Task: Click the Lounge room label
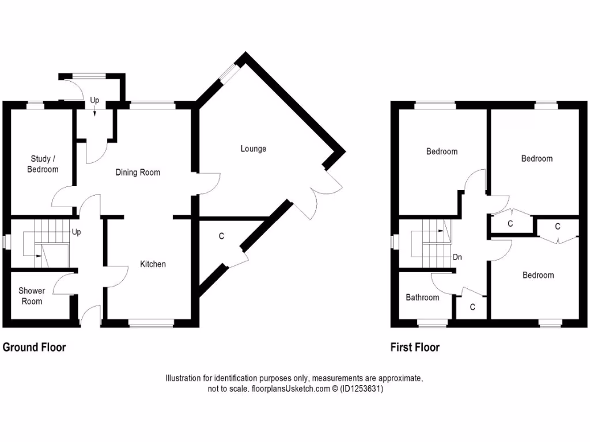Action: pyautogui.click(x=254, y=149)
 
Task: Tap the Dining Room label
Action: pyautogui.click(x=138, y=172)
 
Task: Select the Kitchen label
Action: pyautogui.click(x=153, y=264)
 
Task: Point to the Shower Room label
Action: pyautogui.click(x=31, y=296)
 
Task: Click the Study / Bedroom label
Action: pyautogui.click(x=44, y=163)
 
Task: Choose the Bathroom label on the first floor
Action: pyautogui.click(x=422, y=298)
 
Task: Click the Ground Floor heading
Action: pyautogui.click(x=35, y=347)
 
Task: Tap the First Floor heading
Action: pyautogui.click(x=414, y=347)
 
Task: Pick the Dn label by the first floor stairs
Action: pyautogui.click(x=457, y=257)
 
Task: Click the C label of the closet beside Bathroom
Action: pyautogui.click(x=472, y=307)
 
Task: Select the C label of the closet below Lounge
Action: pyautogui.click(x=221, y=236)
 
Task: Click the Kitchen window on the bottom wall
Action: pyautogui.click(x=151, y=326)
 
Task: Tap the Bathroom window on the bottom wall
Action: pyautogui.click(x=433, y=326)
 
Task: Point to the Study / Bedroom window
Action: pyautogui.click(x=36, y=104)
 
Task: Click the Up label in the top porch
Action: pyautogui.click(x=94, y=101)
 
